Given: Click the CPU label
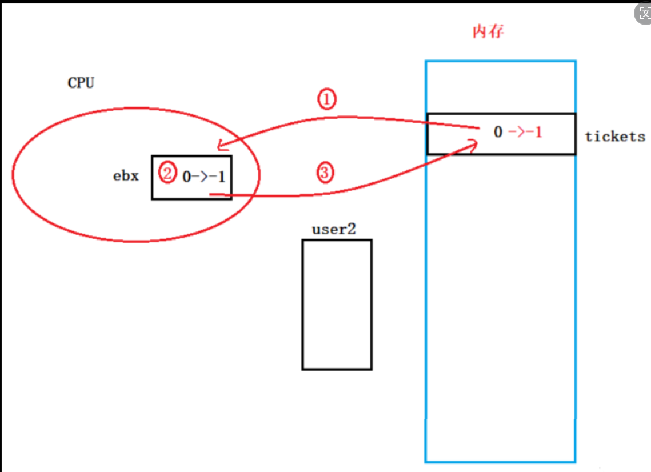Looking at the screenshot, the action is (x=81, y=83).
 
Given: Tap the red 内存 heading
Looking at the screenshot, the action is (x=488, y=32).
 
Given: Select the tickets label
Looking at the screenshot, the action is (x=615, y=137).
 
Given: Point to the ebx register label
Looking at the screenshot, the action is (x=126, y=176).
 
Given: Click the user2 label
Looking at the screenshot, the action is (x=334, y=229).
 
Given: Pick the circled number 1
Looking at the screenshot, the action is (x=326, y=100).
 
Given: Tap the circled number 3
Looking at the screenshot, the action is (x=325, y=173).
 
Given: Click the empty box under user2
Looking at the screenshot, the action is (x=337, y=305).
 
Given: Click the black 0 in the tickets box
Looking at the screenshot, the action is (x=498, y=133).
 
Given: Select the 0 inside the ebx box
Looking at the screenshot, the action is (x=187, y=177).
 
